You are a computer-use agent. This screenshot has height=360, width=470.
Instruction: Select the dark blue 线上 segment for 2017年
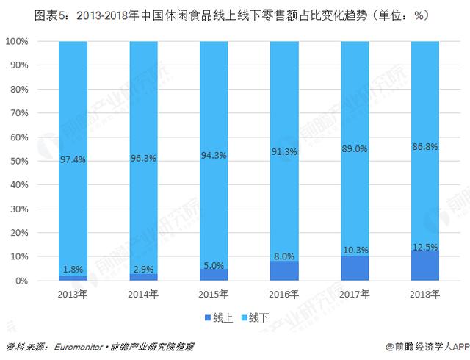(x=354, y=270)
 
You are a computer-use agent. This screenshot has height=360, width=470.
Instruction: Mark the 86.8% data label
(x=424, y=147)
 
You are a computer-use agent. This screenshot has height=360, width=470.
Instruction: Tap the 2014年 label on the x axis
(x=143, y=295)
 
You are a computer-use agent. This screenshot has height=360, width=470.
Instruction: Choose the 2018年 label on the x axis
(x=424, y=295)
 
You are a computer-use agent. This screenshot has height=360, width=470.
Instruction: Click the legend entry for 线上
(x=215, y=317)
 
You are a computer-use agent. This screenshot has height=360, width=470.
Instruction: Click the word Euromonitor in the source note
(x=81, y=344)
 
